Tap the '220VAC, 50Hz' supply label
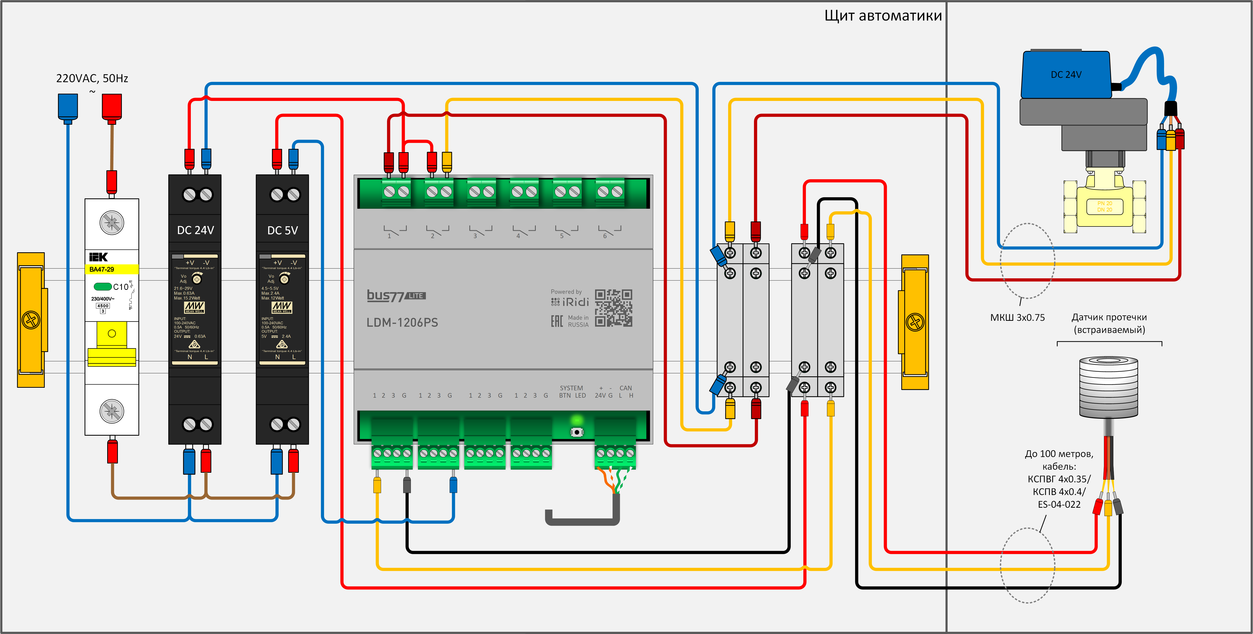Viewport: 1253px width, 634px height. click(x=92, y=78)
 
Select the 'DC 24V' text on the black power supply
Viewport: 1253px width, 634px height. click(x=195, y=230)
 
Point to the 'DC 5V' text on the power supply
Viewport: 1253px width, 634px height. click(x=282, y=230)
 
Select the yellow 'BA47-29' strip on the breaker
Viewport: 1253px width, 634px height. click(x=112, y=269)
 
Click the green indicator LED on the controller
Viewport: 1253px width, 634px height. click(x=577, y=419)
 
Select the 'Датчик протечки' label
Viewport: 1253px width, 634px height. click(x=1109, y=317)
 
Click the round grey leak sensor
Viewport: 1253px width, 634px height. click(x=1109, y=387)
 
